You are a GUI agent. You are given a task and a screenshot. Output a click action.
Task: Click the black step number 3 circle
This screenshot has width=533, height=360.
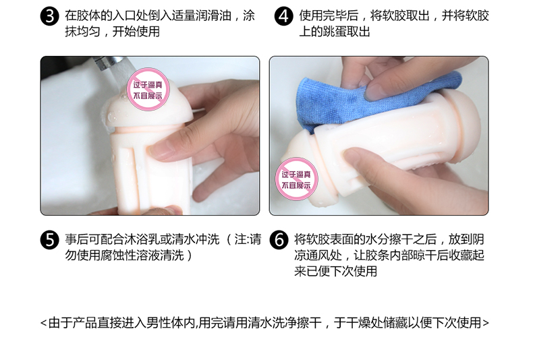[x=50, y=16]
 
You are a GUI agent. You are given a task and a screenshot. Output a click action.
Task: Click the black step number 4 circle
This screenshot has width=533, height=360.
[x=283, y=16]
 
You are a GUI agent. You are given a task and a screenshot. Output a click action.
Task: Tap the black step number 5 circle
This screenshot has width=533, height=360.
[x=50, y=240]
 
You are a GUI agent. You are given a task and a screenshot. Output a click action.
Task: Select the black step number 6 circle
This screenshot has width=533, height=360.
[x=279, y=240]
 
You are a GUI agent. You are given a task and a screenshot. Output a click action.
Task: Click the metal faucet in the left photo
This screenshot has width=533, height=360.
[x=108, y=63]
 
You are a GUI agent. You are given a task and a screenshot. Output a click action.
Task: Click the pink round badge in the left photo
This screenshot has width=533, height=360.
[x=148, y=90]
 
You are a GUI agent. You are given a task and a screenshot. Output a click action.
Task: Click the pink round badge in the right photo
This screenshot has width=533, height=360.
[x=296, y=179]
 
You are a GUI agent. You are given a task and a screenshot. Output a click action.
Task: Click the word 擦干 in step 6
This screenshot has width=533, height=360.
[x=401, y=239]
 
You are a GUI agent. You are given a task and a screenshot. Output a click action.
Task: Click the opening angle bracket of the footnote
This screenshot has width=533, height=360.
[x=43, y=323]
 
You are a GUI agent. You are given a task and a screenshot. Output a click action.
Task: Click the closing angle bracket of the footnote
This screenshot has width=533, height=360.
[x=485, y=323]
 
